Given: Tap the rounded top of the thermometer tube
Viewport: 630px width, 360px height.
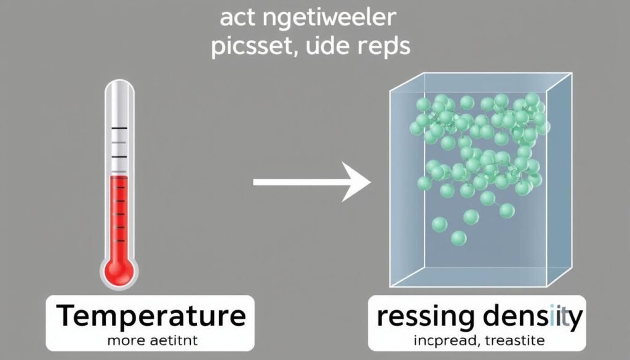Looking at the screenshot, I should [119, 87].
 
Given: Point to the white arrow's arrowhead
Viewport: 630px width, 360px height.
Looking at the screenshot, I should [357, 182].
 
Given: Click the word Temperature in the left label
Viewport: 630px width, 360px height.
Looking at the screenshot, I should [151, 316].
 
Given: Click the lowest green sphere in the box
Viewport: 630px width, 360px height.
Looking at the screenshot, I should [458, 238].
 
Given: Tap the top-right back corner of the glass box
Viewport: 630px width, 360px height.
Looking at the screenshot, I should [572, 74].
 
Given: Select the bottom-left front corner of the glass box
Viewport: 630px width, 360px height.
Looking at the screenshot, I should [391, 287].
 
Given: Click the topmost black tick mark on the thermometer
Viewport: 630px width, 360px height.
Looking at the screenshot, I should [119, 128].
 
